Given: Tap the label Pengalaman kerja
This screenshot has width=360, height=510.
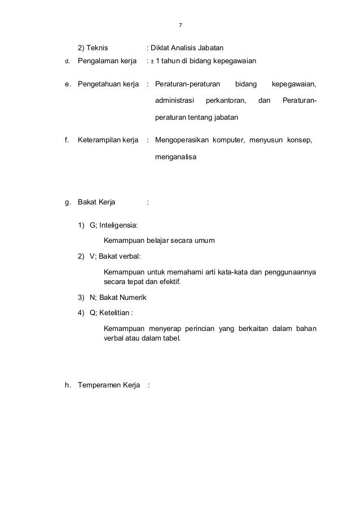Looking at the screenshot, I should point(107,61).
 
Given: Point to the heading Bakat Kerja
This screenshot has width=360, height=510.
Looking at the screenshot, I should point(96,201).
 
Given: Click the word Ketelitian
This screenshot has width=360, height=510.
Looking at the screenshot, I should point(115,312).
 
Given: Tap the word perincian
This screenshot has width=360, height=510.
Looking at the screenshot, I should point(202,329).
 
